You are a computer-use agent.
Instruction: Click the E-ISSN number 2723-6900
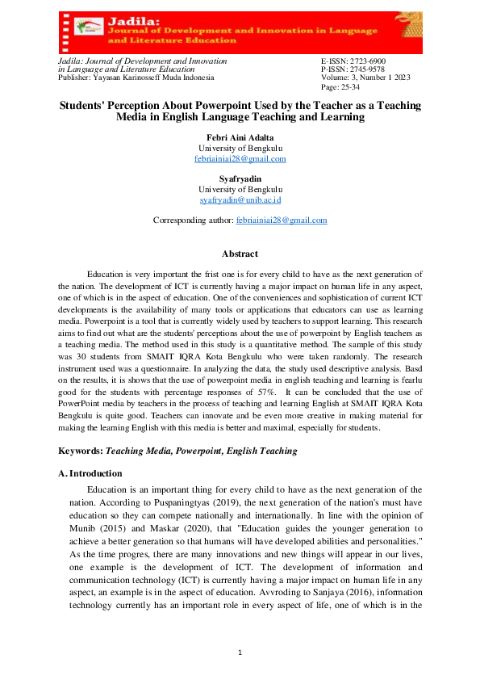pyautogui.click(x=363, y=61)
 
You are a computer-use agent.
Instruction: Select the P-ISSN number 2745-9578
pyautogui.click(x=363, y=69)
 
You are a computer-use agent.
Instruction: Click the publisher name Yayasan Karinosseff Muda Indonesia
pyautogui.click(x=156, y=78)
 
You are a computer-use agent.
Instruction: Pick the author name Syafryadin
pyautogui.click(x=240, y=179)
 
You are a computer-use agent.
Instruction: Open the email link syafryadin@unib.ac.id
pyautogui.click(x=240, y=199)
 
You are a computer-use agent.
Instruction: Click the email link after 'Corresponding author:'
pyautogui.click(x=281, y=220)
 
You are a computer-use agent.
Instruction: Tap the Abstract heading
pyautogui.click(x=240, y=254)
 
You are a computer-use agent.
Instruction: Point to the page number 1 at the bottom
pyautogui.click(x=240, y=653)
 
